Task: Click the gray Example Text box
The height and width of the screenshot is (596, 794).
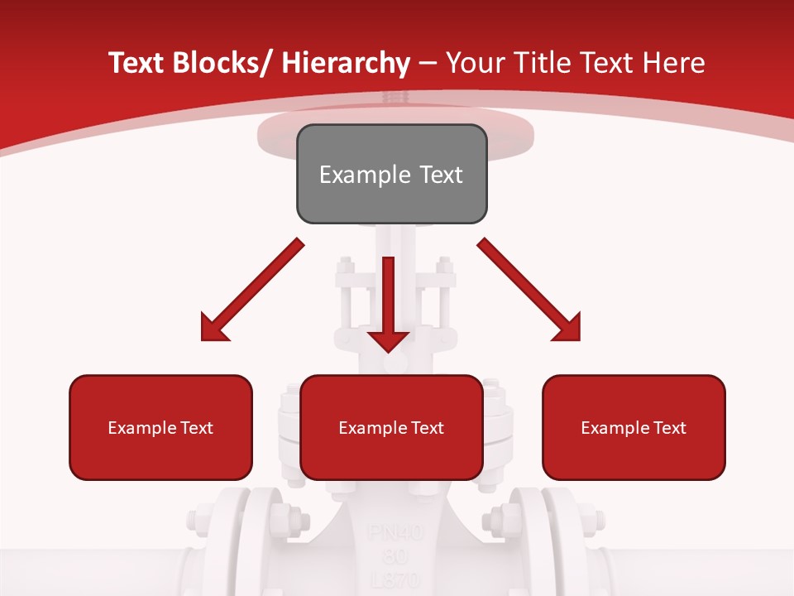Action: tap(391, 174)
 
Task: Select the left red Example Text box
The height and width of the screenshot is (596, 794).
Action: tap(160, 427)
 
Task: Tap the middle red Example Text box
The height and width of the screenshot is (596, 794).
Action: tap(391, 427)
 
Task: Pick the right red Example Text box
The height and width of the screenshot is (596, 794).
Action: tap(634, 427)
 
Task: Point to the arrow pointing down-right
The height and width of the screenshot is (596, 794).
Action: tap(529, 290)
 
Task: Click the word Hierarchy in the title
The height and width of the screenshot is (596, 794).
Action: tap(346, 63)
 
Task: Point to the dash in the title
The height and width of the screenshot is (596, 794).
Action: tap(428, 63)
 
